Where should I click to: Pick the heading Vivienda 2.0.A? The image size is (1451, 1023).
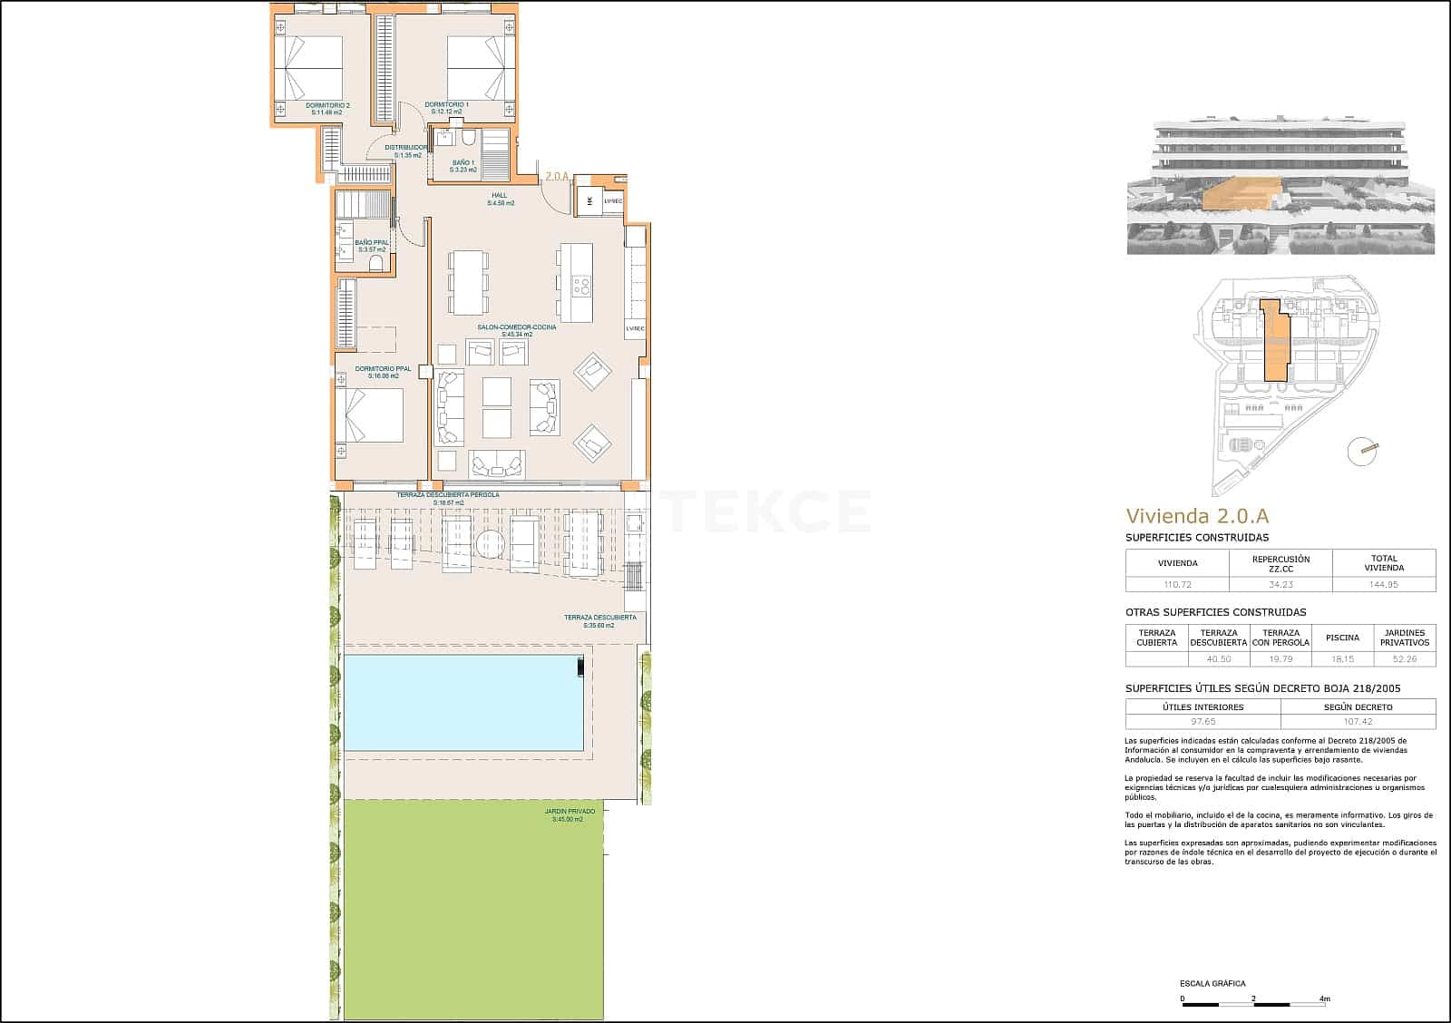(1196, 516)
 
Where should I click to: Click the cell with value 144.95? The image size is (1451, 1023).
(1384, 585)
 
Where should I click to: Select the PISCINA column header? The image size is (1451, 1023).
(1341, 638)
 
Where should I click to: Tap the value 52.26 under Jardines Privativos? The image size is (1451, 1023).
(1405, 659)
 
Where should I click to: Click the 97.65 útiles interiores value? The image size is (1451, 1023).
(1203, 722)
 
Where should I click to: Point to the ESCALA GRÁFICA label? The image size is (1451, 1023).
(1212, 983)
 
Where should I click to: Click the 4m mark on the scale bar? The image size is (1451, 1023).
(1324, 999)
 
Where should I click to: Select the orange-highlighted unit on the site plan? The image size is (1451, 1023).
(1274, 345)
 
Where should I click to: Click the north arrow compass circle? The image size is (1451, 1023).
(1361, 451)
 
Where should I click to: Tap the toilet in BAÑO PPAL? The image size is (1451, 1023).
(375, 263)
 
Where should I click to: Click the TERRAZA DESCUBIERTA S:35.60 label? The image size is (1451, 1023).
(600, 621)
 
